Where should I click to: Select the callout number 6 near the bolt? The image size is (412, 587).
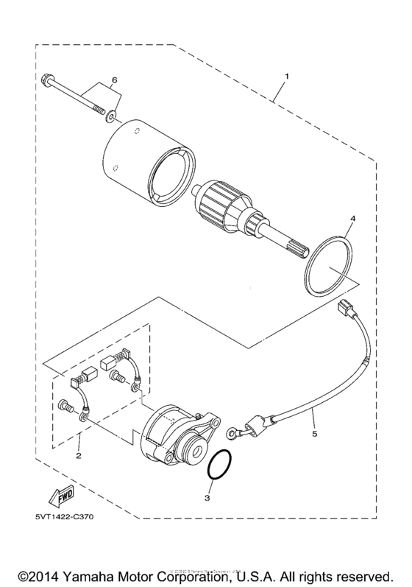pyautogui.click(x=114, y=79)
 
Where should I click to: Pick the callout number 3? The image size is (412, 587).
pyautogui.click(x=207, y=498)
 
